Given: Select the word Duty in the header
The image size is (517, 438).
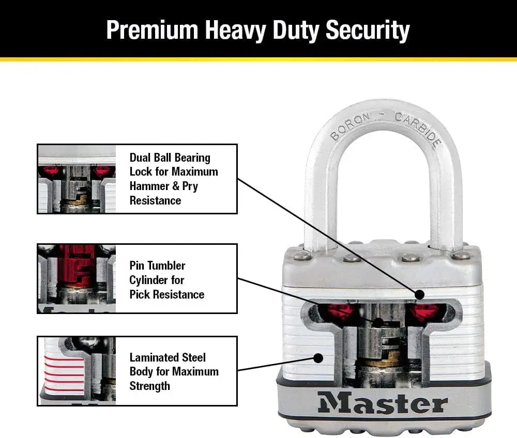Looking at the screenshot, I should pos(293,30).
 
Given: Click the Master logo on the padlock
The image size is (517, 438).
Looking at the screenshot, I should pos(383,403).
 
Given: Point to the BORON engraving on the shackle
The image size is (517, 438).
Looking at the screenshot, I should pos(350,126).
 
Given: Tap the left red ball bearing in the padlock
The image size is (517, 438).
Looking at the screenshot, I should pos(337,312).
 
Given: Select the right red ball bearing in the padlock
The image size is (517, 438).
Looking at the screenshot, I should pos(424,312).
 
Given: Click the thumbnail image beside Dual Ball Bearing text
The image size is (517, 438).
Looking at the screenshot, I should pos(77,179).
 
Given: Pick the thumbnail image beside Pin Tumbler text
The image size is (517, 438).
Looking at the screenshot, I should pos(77,278).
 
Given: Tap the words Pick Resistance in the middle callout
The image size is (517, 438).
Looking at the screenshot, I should pos(166,294).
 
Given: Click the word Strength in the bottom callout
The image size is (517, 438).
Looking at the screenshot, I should pos(149,385).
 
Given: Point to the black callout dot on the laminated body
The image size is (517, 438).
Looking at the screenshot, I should pos(318,357).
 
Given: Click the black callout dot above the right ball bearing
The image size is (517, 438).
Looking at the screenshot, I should pos(419,294).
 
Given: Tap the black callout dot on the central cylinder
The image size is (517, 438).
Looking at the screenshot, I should pos(378,323).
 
